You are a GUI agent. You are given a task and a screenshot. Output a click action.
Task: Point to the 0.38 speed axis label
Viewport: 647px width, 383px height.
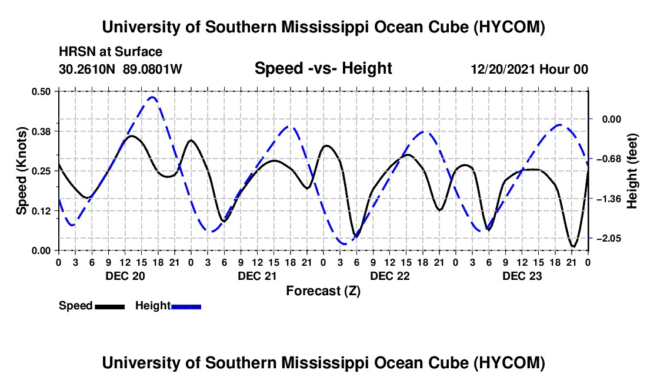[41, 131]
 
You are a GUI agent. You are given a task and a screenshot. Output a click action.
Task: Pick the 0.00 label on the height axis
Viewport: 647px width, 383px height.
[612, 120]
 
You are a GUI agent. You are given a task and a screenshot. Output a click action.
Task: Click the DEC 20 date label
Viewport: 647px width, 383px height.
[125, 276]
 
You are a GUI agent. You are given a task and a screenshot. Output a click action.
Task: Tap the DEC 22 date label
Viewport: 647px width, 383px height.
[390, 276]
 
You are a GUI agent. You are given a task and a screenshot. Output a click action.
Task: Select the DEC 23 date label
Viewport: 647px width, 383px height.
[522, 276]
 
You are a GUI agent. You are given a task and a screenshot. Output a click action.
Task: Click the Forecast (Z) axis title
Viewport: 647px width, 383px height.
[323, 291]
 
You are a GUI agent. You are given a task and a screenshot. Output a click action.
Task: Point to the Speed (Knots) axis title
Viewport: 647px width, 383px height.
[21, 171]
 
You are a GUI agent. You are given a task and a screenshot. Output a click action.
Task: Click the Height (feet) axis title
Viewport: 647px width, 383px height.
[632, 171]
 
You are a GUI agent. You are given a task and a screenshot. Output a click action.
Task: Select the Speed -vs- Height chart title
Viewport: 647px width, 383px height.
[323, 68]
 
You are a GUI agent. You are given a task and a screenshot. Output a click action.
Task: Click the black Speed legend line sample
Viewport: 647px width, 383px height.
[110, 306]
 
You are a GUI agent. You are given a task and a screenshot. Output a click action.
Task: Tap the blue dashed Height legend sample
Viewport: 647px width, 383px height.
[186, 306]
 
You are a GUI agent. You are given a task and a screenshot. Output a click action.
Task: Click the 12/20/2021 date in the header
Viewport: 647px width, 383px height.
[502, 69]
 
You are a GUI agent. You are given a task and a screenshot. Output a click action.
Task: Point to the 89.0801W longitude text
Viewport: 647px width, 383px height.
[152, 69]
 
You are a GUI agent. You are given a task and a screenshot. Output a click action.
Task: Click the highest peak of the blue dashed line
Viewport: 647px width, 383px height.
[152, 97]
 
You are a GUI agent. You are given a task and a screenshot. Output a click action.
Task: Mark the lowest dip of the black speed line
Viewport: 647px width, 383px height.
[573, 246]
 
